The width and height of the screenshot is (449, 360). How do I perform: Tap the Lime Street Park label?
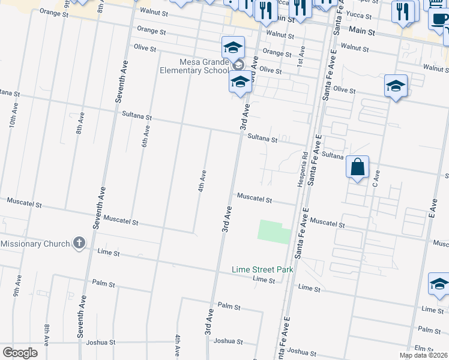pos(262,269)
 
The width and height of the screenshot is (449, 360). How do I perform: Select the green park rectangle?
pos(274,232)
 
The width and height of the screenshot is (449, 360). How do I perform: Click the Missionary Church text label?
pos(35,244)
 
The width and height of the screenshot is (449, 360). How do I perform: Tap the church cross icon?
pos(78,243)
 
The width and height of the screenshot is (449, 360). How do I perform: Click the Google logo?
pos(20,352)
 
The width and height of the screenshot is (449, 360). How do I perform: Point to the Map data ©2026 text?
pos(424,355)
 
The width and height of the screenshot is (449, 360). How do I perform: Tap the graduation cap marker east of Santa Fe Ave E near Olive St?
pos(396,86)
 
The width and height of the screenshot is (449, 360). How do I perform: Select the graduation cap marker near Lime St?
pos(439,284)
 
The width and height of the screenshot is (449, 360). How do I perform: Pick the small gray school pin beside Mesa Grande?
pos(238,65)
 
